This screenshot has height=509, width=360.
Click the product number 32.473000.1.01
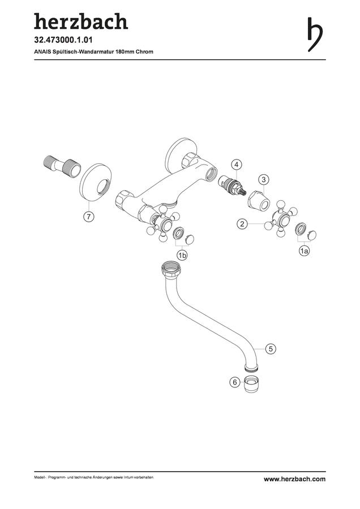[63, 40]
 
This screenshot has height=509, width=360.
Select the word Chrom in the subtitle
[144, 51]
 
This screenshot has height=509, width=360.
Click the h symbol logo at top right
[314, 34]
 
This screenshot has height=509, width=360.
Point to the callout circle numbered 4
[237, 165]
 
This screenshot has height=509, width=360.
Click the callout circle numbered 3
[264, 179]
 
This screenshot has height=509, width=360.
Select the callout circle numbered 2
[242, 224]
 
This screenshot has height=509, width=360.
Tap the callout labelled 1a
[304, 251]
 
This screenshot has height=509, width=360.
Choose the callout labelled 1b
[182, 256]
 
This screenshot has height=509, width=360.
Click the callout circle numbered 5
[271, 349]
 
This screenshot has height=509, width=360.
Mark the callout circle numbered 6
[235, 382]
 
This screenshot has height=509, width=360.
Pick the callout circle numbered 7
[89, 216]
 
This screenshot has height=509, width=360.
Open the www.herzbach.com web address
[294, 479]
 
